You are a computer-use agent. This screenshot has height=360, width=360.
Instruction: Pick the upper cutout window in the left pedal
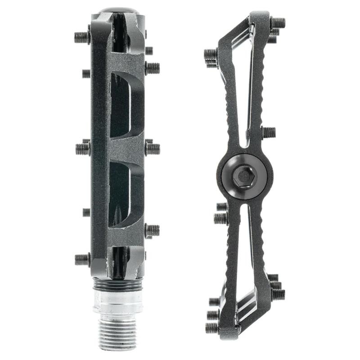coord(121,106)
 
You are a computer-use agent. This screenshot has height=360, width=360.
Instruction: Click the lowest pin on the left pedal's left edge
coord(82,259)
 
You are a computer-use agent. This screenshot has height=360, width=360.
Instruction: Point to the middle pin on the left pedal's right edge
coord(153,148)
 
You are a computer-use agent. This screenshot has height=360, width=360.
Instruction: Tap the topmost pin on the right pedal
coord(278,22)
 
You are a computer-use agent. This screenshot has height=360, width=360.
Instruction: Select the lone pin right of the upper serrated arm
coord(269,132)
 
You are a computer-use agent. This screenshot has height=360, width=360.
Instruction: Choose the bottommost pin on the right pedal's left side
coord(212,328)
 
